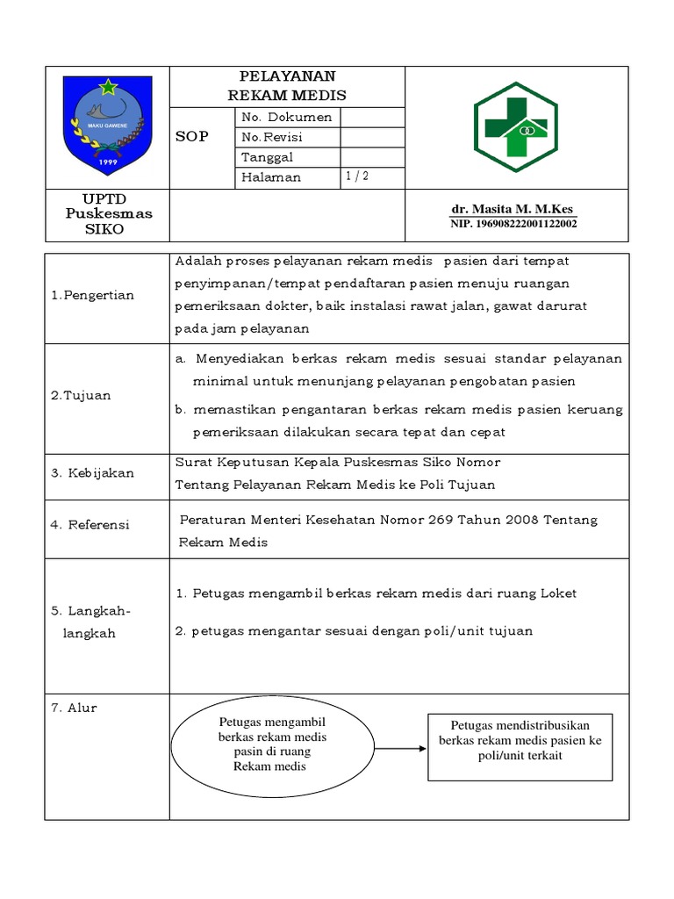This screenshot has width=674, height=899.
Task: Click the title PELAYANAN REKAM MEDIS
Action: tap(287, 86)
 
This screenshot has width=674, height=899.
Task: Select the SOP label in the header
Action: tap(192, 137)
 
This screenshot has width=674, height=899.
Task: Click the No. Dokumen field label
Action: tap(286, 117)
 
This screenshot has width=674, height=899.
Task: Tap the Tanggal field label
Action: tap(267, 158)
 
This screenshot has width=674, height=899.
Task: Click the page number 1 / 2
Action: tap(356, 176)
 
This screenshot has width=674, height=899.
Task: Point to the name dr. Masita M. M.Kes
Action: tap(512, 210)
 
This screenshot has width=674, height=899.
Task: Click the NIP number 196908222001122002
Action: tap(514, 224)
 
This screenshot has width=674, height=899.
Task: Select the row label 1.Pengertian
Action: tap(92, 295)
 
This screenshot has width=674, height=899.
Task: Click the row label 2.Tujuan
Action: tap(81, 395)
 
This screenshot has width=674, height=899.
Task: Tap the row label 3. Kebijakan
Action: tap(92, 473)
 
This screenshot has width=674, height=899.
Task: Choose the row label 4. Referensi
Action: tap(90, 525)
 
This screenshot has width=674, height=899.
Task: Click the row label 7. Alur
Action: tap(74, 708)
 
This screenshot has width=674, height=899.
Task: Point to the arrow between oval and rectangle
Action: tap(400, 749)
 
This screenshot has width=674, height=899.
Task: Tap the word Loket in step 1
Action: tap(560, 593)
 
